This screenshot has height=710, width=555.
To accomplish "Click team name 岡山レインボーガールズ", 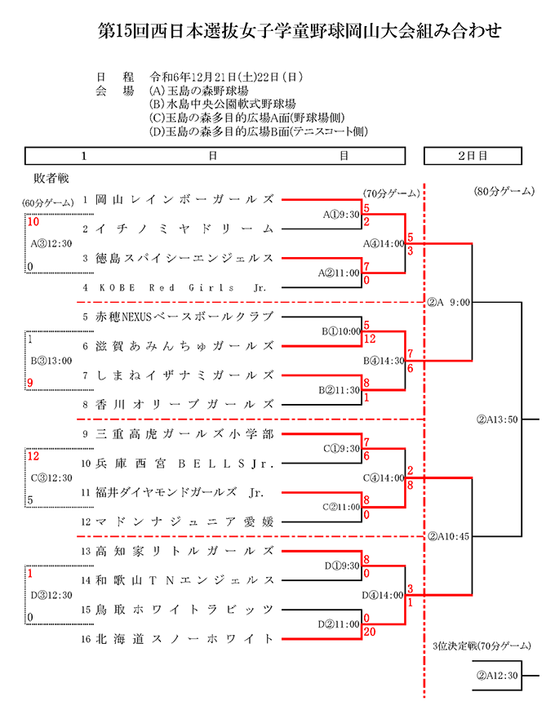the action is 184,200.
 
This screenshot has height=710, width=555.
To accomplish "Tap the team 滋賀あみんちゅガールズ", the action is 184,346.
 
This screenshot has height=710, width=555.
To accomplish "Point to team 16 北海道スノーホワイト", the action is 177,639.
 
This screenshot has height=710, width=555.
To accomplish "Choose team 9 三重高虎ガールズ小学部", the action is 178,434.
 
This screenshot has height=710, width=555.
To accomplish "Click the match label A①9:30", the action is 341,215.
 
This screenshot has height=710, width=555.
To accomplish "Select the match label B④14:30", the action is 384,361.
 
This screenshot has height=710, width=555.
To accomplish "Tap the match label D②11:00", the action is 339,624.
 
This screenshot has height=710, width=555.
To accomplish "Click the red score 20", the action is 370,632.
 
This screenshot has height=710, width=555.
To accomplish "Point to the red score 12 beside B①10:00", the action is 370,339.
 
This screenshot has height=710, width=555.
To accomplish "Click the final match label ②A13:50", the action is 497,419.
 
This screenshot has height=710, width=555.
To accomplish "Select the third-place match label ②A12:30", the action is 497,676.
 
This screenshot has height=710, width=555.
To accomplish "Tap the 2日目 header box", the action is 473,156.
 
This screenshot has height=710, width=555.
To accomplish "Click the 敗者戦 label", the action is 51,179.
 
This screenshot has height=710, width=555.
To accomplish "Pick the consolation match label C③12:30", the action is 51,478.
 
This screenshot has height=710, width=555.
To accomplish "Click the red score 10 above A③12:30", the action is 33,222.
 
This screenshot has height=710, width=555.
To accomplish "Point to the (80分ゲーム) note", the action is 504,192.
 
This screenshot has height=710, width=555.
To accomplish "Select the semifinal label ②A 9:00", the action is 449,303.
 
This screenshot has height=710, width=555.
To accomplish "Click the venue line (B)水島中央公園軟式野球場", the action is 222,104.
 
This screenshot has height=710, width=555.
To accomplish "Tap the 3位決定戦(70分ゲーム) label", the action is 482,646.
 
